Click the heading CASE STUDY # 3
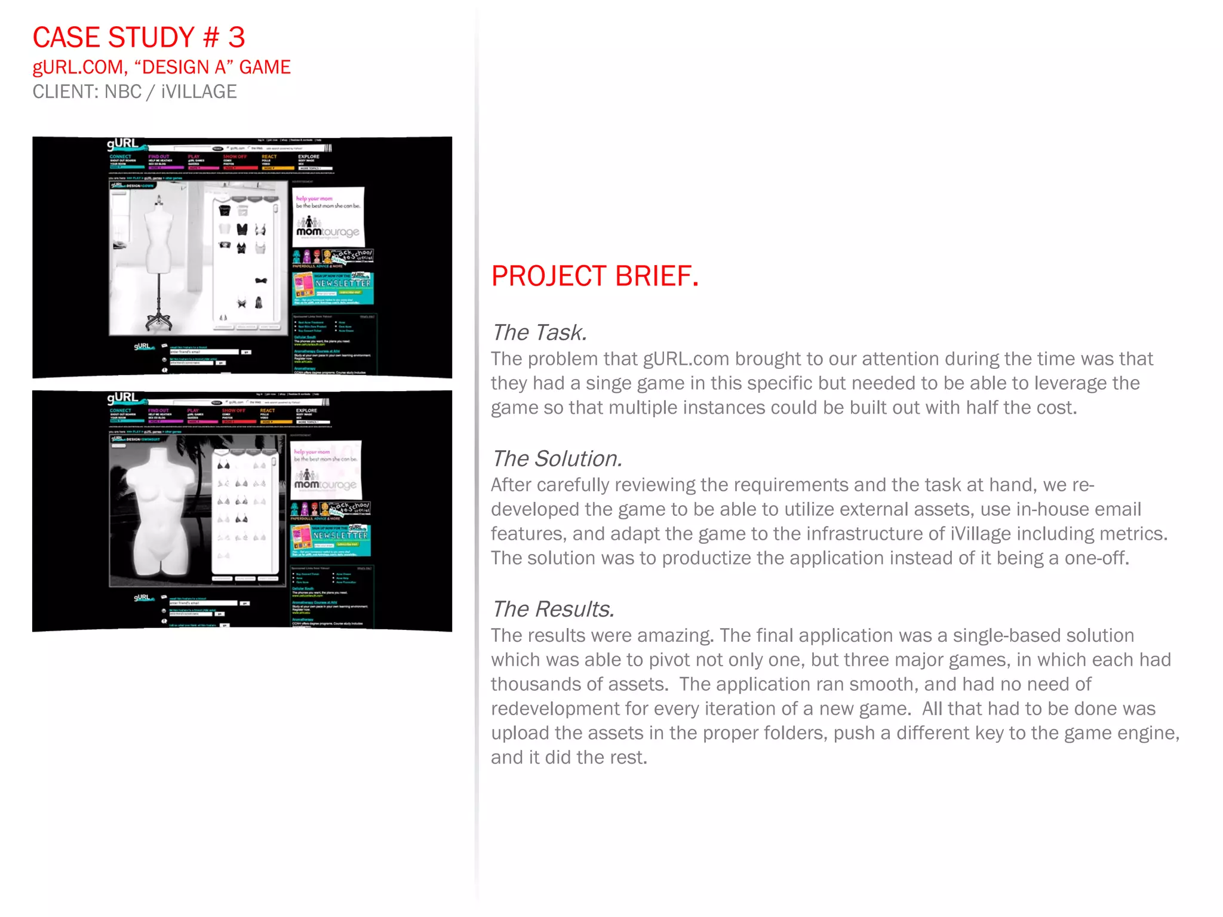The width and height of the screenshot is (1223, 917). pos(139,38)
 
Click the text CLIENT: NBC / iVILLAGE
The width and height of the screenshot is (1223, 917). pos(134,92)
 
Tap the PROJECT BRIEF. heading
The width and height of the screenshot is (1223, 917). pos(594,276)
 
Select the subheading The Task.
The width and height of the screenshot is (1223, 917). pos(539,333)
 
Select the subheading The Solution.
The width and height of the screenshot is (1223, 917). pos(557,458)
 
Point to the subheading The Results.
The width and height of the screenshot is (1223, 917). pos(552,609)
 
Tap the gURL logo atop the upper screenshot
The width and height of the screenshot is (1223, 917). pos(122,144)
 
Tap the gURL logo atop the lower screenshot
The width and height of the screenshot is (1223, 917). pos(122,398)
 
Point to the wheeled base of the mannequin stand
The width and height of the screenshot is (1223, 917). pos(159,322)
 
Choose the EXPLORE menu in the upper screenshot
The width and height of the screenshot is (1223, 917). pos(309,157)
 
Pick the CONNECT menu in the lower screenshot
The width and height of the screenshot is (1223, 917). pos(120,411)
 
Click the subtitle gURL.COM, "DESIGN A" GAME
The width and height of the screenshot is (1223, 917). pos(161,67)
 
